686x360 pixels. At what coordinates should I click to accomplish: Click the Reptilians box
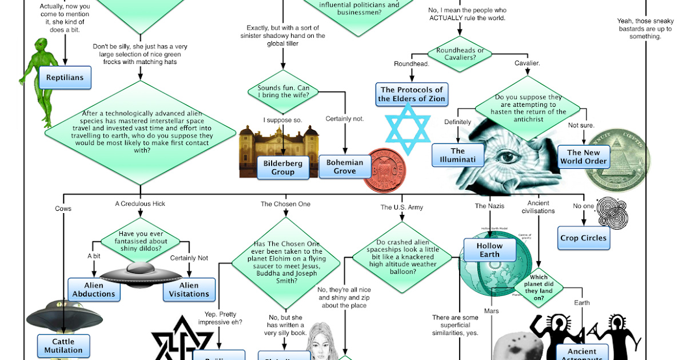pos(65,78)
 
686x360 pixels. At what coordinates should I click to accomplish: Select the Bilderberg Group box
pos(282,167)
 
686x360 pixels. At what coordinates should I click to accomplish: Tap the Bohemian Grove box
pos(344,166)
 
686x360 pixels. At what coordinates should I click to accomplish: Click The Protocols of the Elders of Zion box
pos(412,94)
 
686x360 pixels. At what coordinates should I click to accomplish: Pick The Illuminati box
pos(458,155)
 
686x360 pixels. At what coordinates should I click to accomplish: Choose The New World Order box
pos(583,157)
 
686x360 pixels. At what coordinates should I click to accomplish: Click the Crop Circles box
pos(583,238)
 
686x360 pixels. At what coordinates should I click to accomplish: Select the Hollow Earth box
pos(489,250)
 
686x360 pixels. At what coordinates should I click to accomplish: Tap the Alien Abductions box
pos(93,289)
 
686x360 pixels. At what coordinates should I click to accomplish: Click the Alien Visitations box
pos(189,289)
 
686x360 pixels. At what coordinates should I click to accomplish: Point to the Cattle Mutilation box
pos(63,346)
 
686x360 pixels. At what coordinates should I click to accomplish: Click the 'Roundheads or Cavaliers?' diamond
pos(460,54)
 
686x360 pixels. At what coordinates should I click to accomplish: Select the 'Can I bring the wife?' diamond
pos(284,92)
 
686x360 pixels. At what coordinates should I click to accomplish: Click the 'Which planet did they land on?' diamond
pos(539,287)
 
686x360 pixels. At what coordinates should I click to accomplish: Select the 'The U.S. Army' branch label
pos(402,207)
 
